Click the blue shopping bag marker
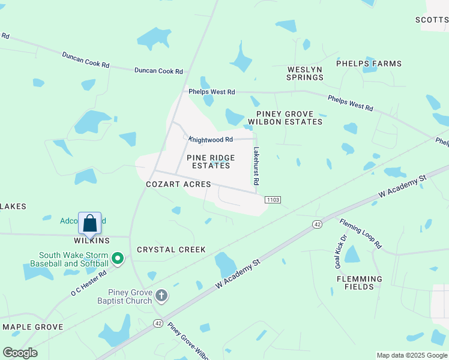coord(90,223)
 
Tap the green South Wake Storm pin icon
coord(118,259)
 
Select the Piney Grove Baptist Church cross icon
coord(161,295)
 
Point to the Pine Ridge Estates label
coord(208,161)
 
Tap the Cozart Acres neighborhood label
coord(178,184)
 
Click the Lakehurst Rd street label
coord(256,166)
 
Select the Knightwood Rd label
coord(211,139)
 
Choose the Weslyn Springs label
coord(304,73)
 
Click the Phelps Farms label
coord(369,64)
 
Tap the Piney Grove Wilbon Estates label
coord(289,118)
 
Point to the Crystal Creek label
coord(171,250)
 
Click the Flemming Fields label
coord(360,283)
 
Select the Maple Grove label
coord(33,327)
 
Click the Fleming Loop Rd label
coord(360,233)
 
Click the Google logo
coord(20,353)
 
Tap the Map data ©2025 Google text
coord(411,355)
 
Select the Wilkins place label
coord(92,241)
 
